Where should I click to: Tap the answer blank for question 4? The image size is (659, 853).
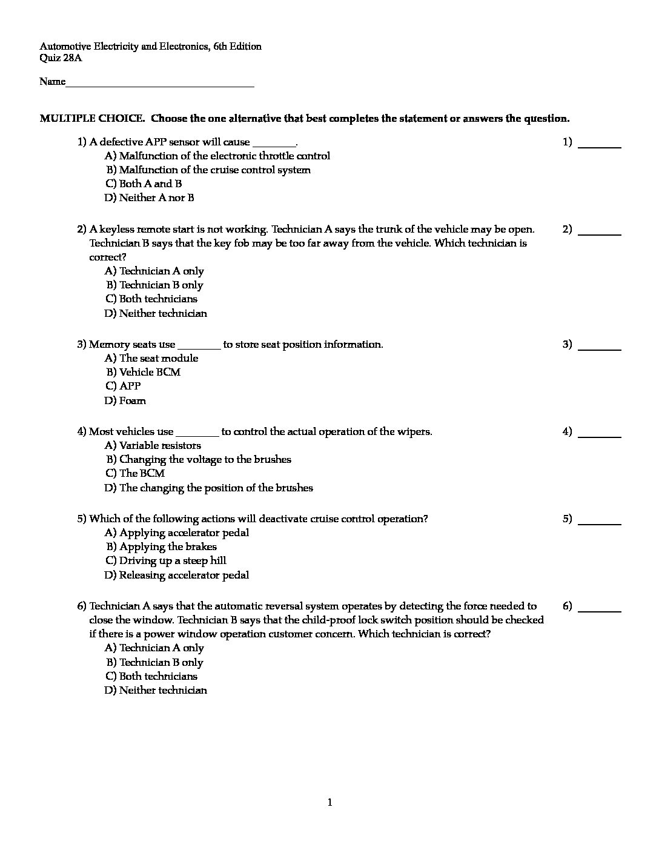pyautogui.click(x=600, y=436)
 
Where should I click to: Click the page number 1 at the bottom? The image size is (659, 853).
pyautogui.click(x=329, y=803)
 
